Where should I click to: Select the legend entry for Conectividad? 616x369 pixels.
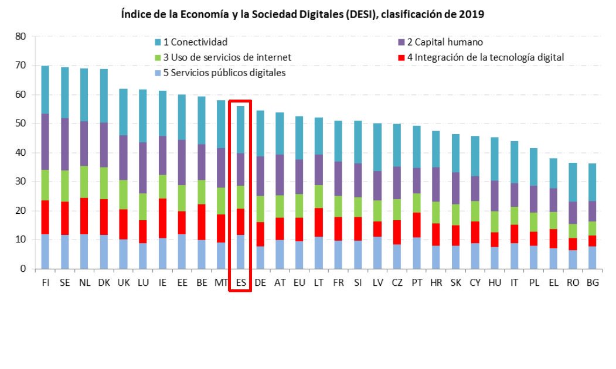coord(191,42)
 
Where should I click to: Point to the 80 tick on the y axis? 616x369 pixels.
coord(21,36)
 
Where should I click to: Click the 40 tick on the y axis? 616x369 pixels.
coord(21,153)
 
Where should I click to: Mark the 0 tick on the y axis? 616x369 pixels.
coord(23,269)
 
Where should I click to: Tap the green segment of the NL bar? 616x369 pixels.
coord(84,182)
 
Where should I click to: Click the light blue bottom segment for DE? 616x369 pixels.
coord(260,257)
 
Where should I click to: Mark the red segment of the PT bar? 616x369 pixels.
coord(416,225)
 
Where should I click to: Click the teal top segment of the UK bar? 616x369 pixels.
coord(123,112)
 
